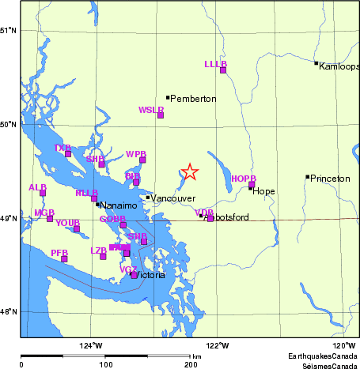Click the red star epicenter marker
coord(189,171)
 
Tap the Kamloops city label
coord(339,66)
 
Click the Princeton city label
coord(330,179)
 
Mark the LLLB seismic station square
coord(223,70)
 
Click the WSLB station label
coord(150,110)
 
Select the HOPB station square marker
coord(252,185)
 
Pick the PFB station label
coord(59,252)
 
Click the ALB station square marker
coord(43,193)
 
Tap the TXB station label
coord(62,148)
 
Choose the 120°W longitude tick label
coord(343,345)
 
